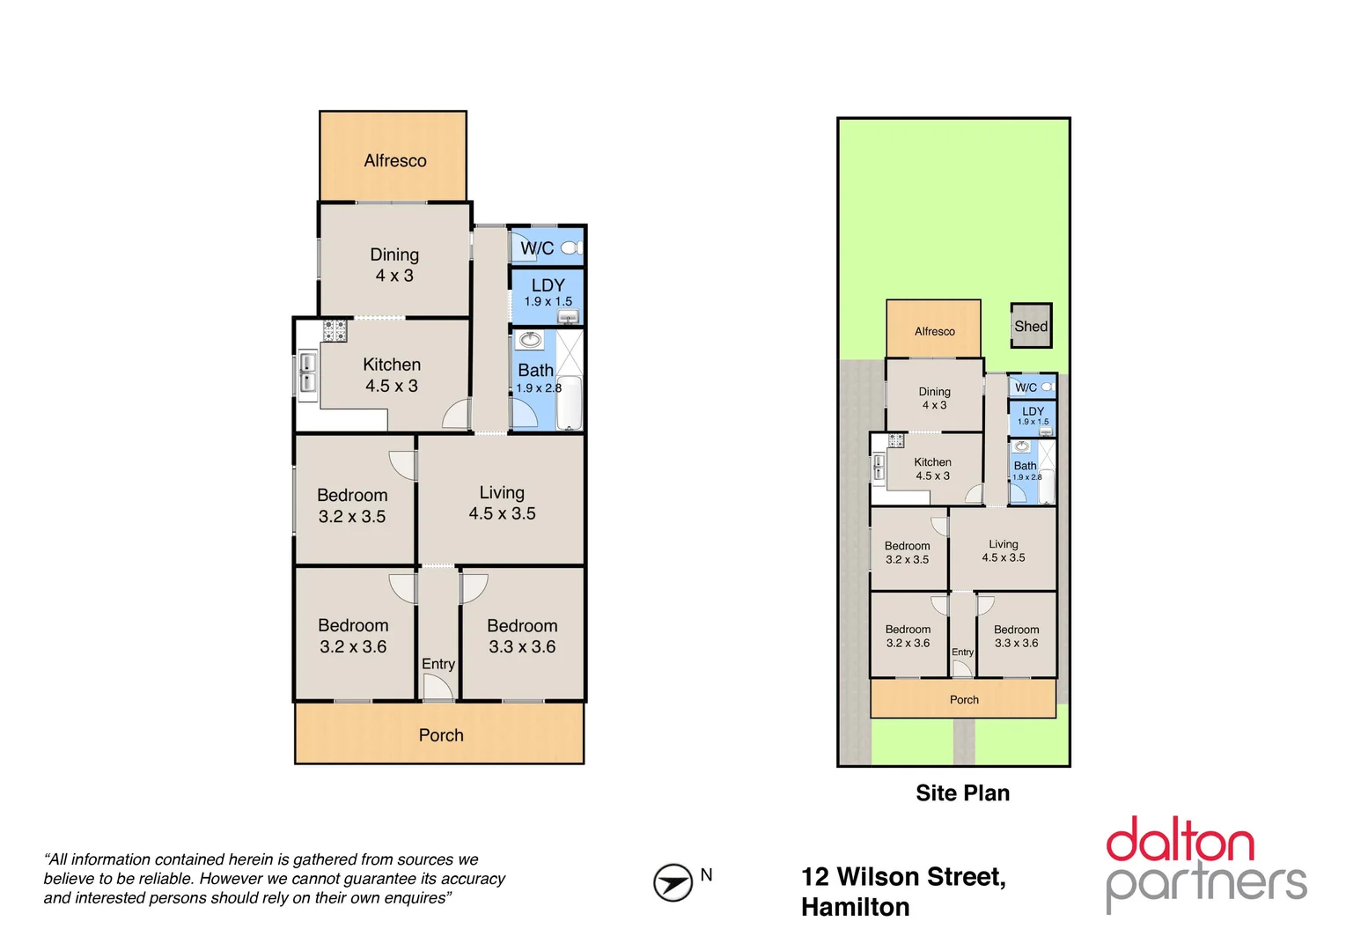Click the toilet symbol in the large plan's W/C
click(571, 248)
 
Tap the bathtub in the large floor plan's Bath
click(570, 402)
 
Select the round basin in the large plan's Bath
click(530, 340)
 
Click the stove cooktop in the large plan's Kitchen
click(335, 331)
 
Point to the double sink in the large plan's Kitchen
click(307, 372)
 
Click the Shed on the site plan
click(1031, 326)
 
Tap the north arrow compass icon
click(673, 882)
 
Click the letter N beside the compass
click(706, 874)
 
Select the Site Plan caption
click(962, 793)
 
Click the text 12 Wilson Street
click(903, 877)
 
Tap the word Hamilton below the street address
click(855, 907)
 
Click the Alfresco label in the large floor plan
click(395, 160)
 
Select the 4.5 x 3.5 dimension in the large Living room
click(502, 513)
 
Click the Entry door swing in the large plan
click(438, 688)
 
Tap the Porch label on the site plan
click(964, 700)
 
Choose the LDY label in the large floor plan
click(548, 285)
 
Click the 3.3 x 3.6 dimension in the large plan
click(522, 647)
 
